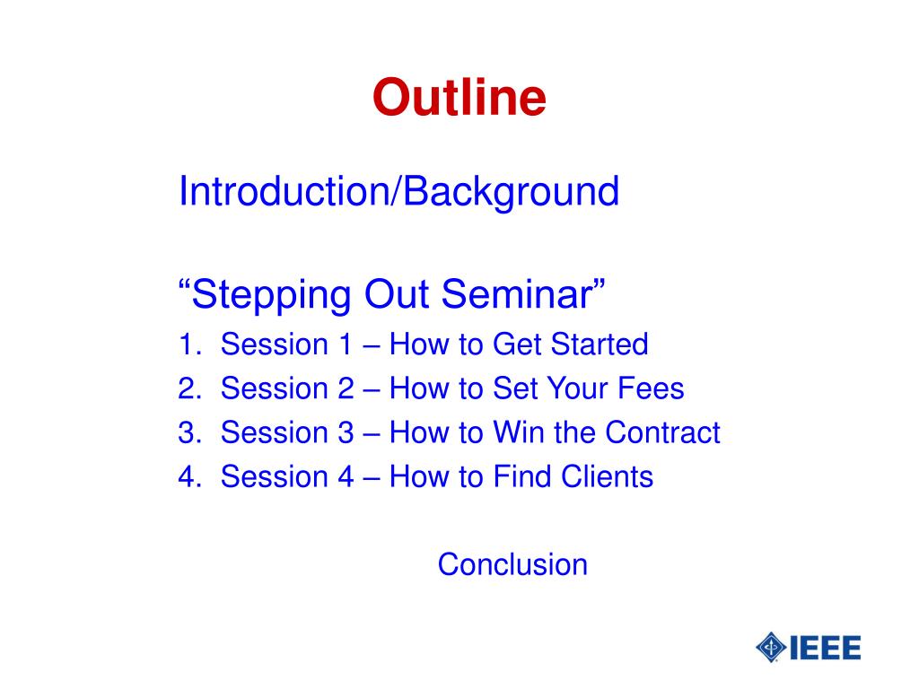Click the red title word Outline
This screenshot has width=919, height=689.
click(459, 97)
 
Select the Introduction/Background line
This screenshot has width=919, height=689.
click(398, 192)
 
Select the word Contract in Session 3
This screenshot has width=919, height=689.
click(662, 432)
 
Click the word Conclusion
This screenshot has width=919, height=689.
click(512, 565)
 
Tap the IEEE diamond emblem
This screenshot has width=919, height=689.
click(771, 648)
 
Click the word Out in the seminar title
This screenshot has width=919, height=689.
click(397, 293)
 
